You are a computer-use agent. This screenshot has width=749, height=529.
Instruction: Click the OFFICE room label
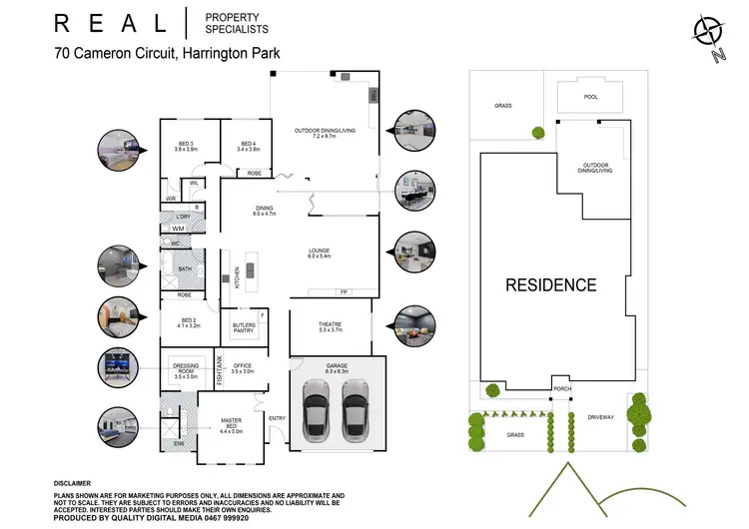pyautogui.click(x=243, y=367)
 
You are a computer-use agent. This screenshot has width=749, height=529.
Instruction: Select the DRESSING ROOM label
pyautogui.click(x=186, y=368)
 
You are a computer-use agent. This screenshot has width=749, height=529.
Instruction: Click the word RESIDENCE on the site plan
pyautogui.click(x=550, y=284)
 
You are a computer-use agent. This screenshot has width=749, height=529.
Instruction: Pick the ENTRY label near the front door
pyautogui.click(x=277, y=418)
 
